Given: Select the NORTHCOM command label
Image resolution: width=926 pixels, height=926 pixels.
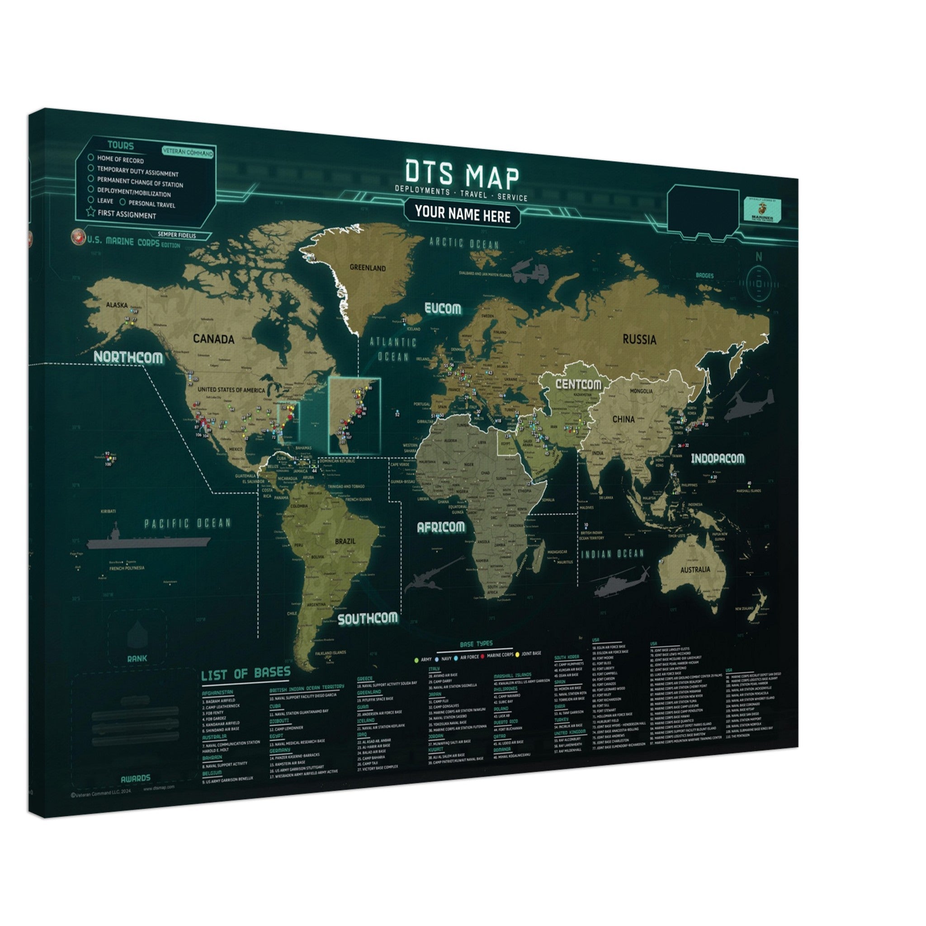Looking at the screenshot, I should [x=128, y=357].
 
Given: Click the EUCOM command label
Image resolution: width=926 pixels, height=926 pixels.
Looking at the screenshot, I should [x=443, y=309].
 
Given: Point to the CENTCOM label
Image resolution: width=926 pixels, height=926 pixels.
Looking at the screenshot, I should [x=578, y=384].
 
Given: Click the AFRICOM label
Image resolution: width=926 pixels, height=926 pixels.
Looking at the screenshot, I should [x=440, y=527].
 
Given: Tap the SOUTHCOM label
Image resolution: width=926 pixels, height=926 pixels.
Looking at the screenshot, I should [x=368, y=619].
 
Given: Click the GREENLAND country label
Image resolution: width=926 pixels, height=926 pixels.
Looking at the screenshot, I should [x=368, y=268].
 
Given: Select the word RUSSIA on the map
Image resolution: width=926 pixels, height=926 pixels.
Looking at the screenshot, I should [x=639, y=340].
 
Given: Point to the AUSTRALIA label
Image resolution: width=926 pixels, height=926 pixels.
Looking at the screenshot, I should [x=695, y=570].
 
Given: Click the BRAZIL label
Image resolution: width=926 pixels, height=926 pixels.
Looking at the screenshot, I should [x=345, y=541].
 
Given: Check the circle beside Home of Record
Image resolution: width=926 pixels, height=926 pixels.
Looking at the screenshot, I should [x=90, y=157].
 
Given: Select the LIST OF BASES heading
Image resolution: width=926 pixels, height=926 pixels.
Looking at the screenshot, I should [x=246, y=673].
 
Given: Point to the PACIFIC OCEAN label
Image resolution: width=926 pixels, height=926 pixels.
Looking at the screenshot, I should [x=187, y=524].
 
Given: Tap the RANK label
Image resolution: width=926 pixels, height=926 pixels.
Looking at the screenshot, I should [x=137, y=658].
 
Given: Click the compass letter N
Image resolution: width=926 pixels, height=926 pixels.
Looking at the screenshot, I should [x=759, y=257].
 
